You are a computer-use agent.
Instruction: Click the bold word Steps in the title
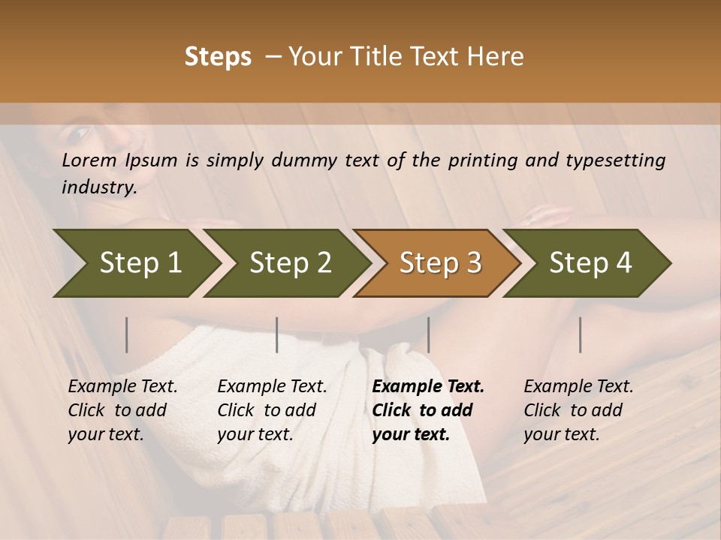click(x=218, y=57)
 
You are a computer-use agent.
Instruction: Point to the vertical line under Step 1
click(x=127, y=334)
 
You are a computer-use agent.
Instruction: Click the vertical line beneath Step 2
click(x=277, y=334)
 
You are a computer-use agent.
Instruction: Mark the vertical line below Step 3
click(x=429, y=334)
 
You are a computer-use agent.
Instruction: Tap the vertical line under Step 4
click(x=581, y=334)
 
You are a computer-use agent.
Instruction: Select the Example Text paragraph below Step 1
click(x=122, y=410)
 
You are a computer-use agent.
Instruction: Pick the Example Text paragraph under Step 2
click(x=272, y=410)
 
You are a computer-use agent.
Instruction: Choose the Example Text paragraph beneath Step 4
click(x=578, y=410)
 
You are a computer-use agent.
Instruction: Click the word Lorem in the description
click(x=89, y=160)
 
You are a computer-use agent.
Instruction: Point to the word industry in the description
click(x=99, y=187)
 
